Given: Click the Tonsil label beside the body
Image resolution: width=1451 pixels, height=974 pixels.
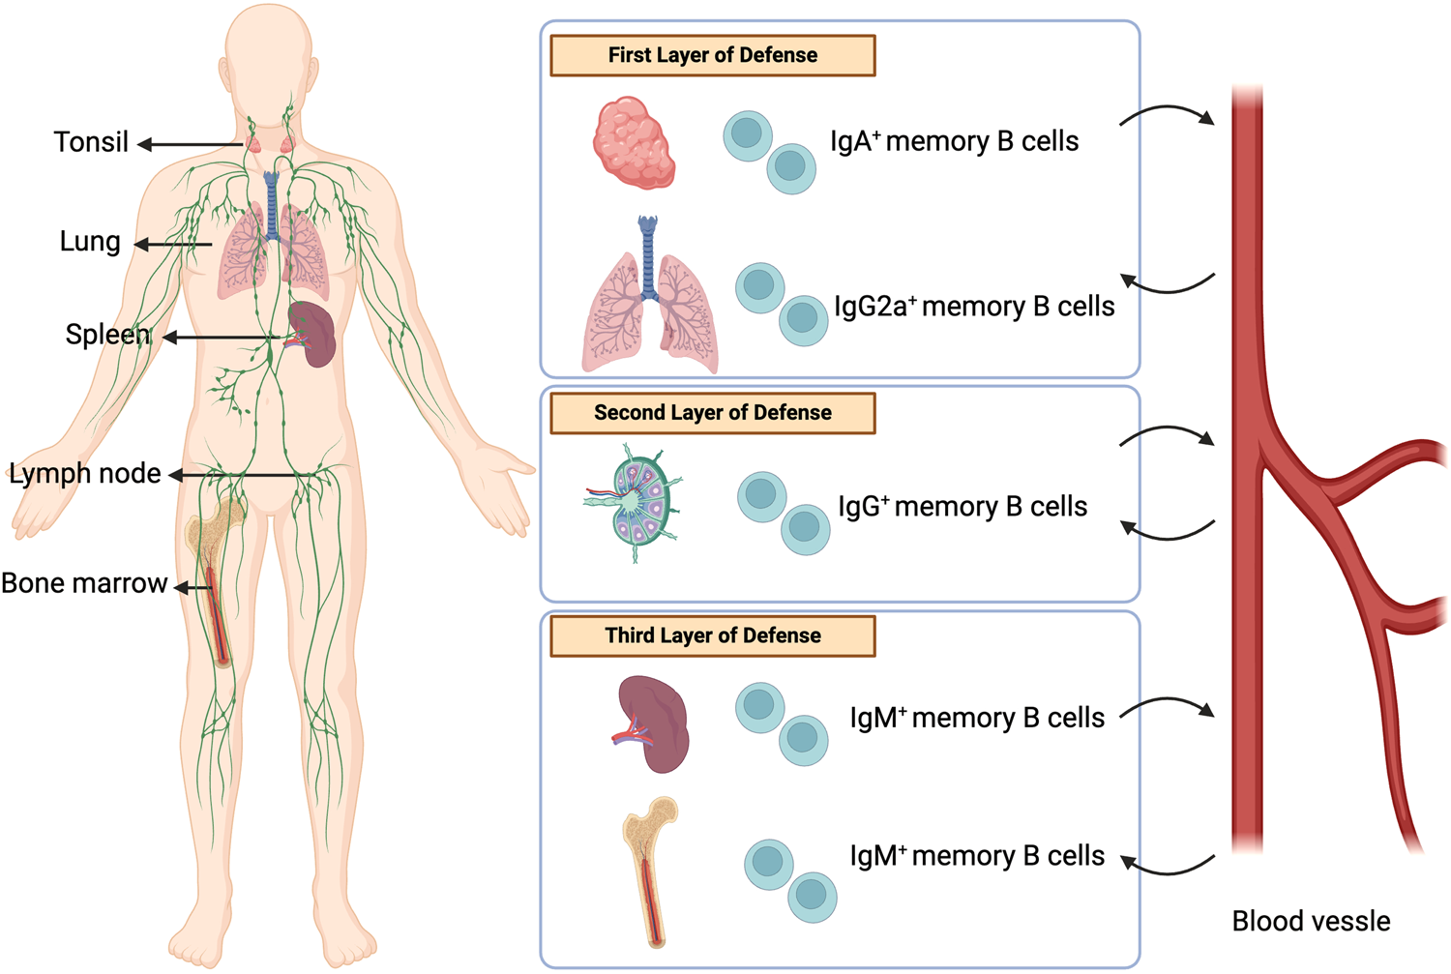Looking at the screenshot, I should (x=91, y=142).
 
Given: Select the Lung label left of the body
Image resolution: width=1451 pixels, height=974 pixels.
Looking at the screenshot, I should (x=90, y=242).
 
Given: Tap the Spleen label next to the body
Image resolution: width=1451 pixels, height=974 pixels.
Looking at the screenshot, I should (x=107, y=335).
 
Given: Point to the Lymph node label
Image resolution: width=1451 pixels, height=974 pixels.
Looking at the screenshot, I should (x=85, y=474).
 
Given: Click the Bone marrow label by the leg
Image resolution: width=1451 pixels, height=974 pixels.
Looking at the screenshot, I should (x=84, y=584).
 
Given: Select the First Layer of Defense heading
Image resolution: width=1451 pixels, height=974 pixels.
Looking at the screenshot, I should (x=712, y=56).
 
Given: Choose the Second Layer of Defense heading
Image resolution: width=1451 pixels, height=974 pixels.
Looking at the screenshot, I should (x=712, y=413).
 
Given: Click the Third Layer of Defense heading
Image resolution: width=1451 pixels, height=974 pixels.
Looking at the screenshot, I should (x=712, y=635).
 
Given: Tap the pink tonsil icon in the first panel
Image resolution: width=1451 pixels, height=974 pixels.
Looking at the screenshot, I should (x=634, y=142).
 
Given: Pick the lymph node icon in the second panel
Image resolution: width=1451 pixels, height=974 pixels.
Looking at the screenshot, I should (x=634, y=503).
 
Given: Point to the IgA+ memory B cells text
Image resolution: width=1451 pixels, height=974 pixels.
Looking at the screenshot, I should (x=954, y=142).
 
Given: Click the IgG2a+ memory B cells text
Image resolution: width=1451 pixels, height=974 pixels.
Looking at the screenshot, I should (x=973, y=307).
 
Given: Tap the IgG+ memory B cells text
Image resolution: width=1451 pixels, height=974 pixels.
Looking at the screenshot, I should (x=962, y=507).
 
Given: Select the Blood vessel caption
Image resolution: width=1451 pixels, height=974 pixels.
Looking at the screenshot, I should (x=1311, y=922).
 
